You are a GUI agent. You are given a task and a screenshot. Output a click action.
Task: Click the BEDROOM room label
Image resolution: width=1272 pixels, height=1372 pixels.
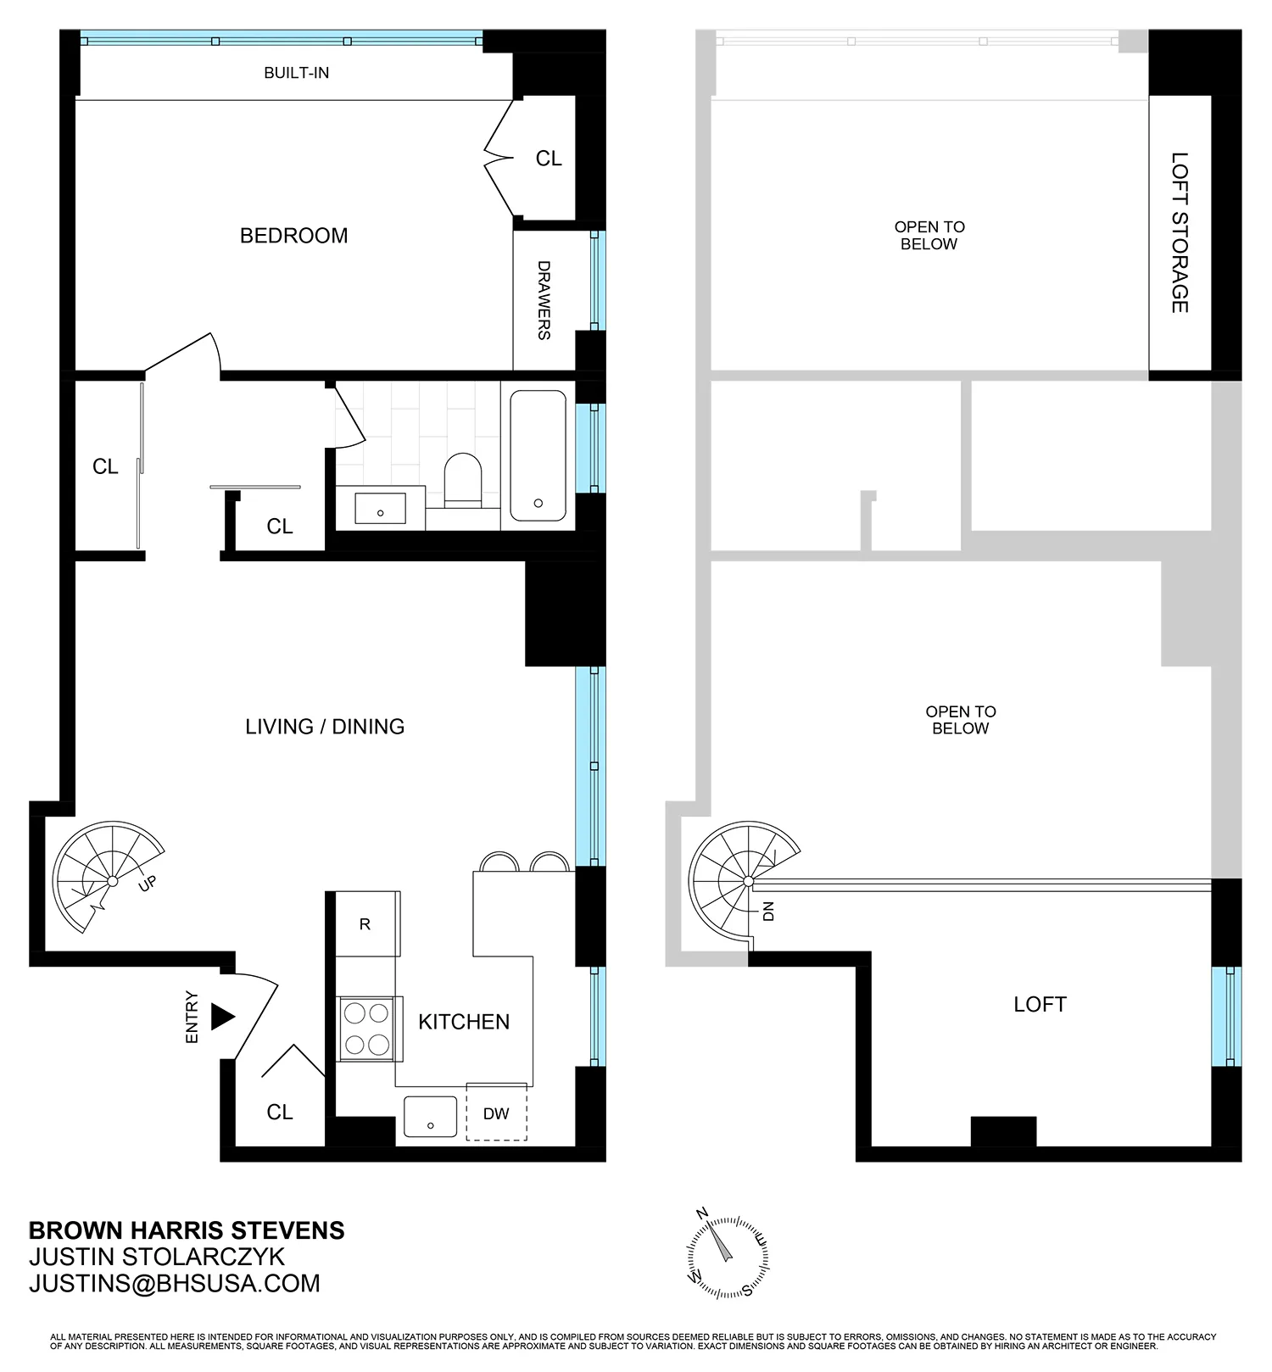click(293, 236)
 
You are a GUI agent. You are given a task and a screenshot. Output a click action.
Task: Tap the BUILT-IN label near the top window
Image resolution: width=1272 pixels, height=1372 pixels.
click(296, 73)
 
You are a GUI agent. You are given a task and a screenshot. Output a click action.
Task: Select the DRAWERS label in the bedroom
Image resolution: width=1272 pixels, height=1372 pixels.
click(544, 300)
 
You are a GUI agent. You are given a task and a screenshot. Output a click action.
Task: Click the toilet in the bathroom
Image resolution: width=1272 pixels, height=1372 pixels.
click(462, 480)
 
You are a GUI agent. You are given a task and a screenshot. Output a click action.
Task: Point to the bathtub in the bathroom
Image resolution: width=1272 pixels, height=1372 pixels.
click(538, 455)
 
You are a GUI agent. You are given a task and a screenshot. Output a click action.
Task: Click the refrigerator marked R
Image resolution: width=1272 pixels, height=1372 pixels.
click(365, 923)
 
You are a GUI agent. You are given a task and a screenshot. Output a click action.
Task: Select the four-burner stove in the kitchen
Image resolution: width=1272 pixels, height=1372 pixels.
click(366, 1028)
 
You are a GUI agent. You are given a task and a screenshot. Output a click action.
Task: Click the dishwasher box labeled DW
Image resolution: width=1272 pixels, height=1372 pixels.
click(496, 1113)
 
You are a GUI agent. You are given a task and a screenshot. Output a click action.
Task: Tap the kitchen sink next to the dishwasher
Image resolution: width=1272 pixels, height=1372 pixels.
click(430, 1116)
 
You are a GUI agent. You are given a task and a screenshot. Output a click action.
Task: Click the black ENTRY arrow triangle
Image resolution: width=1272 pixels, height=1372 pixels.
click(221, 1017)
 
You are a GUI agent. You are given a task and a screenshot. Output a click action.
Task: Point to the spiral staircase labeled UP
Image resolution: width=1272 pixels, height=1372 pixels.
click(106, 878)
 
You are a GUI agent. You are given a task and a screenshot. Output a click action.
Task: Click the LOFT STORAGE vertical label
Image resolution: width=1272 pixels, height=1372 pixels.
click(1180, 232)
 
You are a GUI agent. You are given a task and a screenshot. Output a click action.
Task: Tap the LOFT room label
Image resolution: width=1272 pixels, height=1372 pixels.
click(1040, 1005)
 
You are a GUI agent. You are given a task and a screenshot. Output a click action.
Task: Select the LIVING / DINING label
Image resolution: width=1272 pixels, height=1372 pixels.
click(325, 727)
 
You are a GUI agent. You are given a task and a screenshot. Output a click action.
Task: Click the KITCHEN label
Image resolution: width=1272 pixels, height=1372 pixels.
click(464, 1022)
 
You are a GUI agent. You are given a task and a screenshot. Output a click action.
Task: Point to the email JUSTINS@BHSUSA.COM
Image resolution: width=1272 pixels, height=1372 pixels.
click(175, 1284)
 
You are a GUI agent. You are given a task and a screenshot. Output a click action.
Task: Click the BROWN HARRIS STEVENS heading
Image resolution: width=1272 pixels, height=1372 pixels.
click(187, 1230)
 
